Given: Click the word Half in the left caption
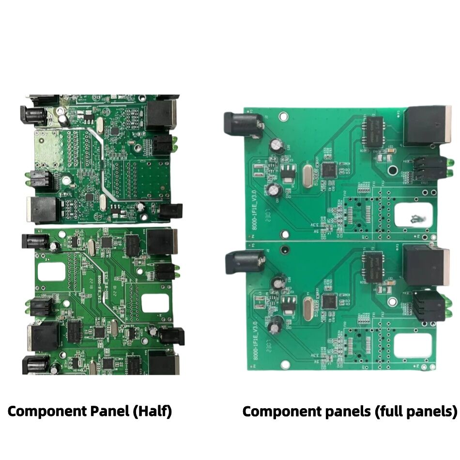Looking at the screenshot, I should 153,411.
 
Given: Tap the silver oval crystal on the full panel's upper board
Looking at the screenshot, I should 307,175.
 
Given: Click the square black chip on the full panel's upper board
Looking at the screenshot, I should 329,169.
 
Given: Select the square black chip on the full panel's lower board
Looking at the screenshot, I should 330,301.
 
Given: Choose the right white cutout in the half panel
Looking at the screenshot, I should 155,303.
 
